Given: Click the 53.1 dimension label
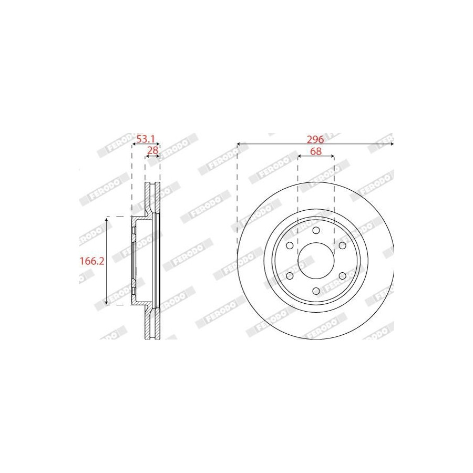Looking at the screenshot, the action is pyautogui.click(x=146, y=139).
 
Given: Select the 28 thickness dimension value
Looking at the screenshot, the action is pyautogui.click(x=152, y=150).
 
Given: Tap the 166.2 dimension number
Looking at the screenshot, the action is pyautogui.click(x=92, y=261).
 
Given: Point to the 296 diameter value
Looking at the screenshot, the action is pyautogui.click(x=315, y=139).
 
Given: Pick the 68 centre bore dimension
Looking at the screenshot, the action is pyautogui.click(x=316, y=151).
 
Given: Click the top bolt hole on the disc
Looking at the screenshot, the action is pyautogui.click(x=316, y=231).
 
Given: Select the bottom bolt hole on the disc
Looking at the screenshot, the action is pyautogui.click(x=316, y=291).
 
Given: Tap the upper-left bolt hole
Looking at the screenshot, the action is pyautogui.click(x=290, y=245).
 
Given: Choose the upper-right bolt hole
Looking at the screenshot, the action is pyautogui.click(x=342, y=245).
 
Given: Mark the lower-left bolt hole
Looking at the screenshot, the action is pyautogui.click(x=290, y=276).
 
